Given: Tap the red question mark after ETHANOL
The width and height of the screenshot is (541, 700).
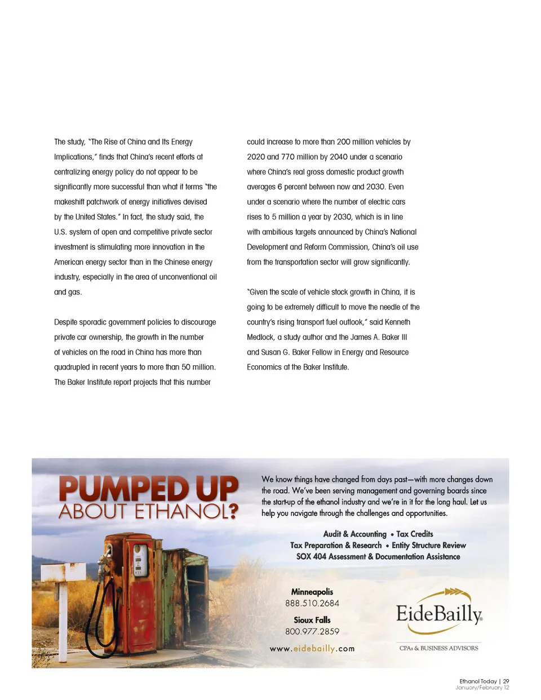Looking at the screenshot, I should pos(231,512).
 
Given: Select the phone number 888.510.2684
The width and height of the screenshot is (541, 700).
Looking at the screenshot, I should pos(312,603).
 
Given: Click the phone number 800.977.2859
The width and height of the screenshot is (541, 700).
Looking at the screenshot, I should pos(312,631).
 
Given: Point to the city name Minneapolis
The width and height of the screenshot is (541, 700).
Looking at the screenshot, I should pos(312,592).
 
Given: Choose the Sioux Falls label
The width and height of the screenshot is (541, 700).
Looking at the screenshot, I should pos(312,620).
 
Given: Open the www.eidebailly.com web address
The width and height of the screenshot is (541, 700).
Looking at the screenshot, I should pos(312,649).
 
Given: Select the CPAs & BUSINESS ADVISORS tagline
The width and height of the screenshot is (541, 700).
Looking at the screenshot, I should pos(438,648).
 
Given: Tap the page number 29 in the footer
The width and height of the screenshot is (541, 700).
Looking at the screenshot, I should pos(506,681).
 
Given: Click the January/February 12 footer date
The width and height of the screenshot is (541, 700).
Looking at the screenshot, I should pos(482,688).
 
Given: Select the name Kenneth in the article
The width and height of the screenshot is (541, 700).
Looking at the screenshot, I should pos(397,322).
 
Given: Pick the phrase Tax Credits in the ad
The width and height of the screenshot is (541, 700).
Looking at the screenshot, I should pos(415,534).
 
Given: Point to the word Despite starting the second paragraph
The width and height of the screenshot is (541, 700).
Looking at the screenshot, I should pos(66,322).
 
